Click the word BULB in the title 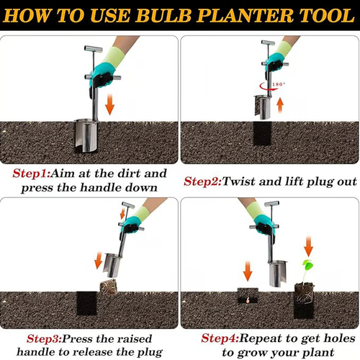(165, 15)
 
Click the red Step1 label (32, 174)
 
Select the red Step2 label (203, 181)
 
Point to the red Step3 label (44, 339)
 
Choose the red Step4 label (220, 338)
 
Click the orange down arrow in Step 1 (110, 104)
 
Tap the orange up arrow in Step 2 (280, 106)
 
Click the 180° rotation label (279, 84)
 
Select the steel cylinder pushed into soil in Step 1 (86, 135)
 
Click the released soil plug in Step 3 (109, 287)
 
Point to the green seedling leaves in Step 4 (307, 264)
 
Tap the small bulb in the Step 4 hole (248, 300)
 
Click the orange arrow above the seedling (308, 246)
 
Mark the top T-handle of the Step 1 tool (94, 49)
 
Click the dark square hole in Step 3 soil (86, 303)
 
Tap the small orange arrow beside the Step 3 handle (122, 213)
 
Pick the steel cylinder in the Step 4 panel (277, 274)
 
